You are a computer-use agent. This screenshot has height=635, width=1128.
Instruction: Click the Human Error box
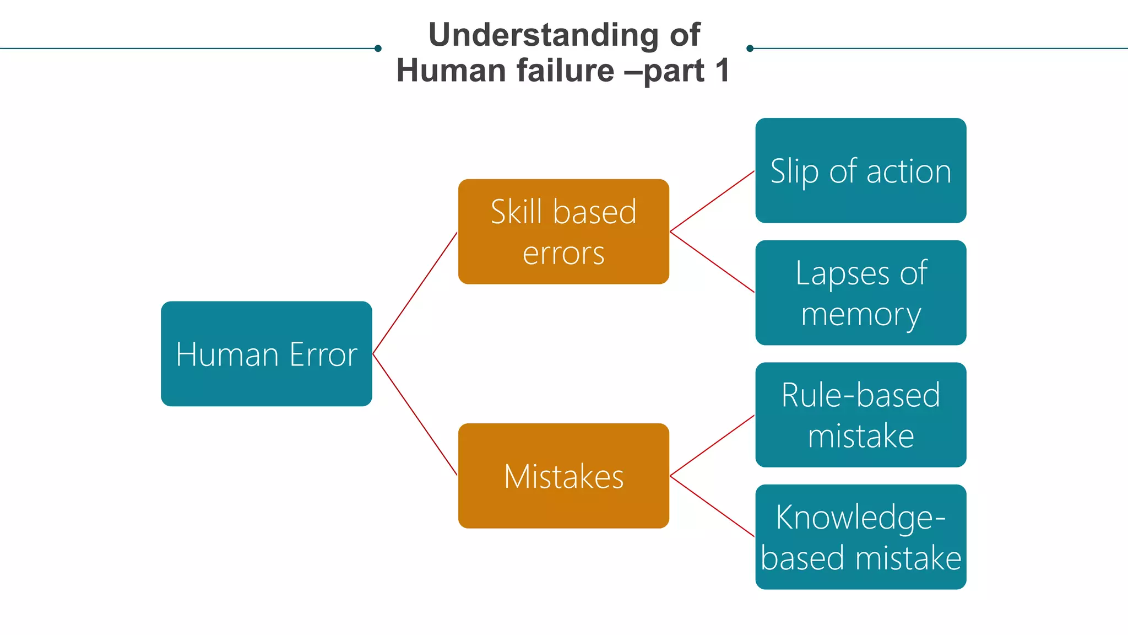point(266,353)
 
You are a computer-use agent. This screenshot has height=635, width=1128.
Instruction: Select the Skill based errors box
point(563,232)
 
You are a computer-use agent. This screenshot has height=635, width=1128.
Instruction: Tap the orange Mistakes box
point(563,476)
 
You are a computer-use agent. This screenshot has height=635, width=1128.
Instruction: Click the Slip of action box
point(860,170)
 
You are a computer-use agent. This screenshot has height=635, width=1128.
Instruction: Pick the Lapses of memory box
point(860,293)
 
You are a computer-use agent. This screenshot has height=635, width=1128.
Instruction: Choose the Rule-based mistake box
point(860,415)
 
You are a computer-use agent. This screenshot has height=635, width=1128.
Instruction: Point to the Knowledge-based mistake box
point(860,537)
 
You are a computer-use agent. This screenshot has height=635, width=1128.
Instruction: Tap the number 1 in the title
point(722,71)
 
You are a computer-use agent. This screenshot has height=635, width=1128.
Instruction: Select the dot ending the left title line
point(378,49)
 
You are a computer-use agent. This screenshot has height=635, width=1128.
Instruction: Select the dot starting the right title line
point(750,49)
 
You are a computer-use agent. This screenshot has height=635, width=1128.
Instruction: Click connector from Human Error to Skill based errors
point(415,293)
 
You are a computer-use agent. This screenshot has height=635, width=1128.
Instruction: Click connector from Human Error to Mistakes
point(415,415)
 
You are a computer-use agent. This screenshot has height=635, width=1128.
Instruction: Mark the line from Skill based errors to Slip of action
point(712,201)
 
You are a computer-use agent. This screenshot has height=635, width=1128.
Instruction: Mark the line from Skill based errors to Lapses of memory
point(712,262)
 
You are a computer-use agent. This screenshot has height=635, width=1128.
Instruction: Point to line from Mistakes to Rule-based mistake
point(712,445)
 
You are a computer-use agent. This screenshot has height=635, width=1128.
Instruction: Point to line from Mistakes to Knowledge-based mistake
point(712,506)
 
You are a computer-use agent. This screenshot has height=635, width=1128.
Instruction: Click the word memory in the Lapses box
point(860,314)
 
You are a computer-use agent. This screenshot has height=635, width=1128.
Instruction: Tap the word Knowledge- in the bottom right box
point(860,518)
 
